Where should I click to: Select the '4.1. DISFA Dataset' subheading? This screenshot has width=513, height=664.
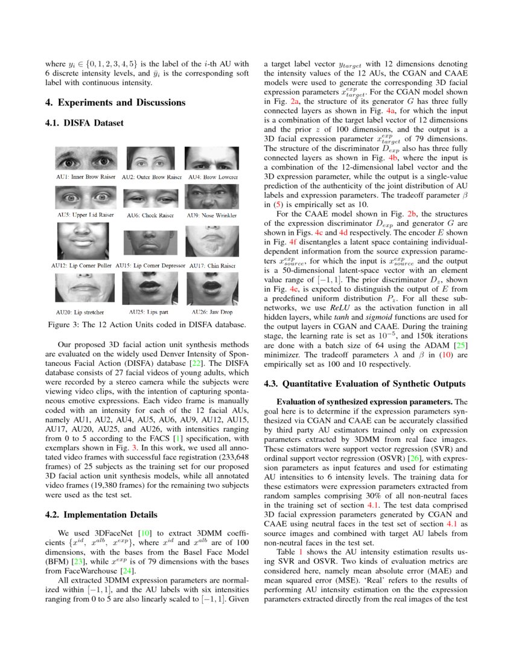click(x=84, y=123)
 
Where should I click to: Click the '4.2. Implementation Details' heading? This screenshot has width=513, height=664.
click(x=101, y=515)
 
